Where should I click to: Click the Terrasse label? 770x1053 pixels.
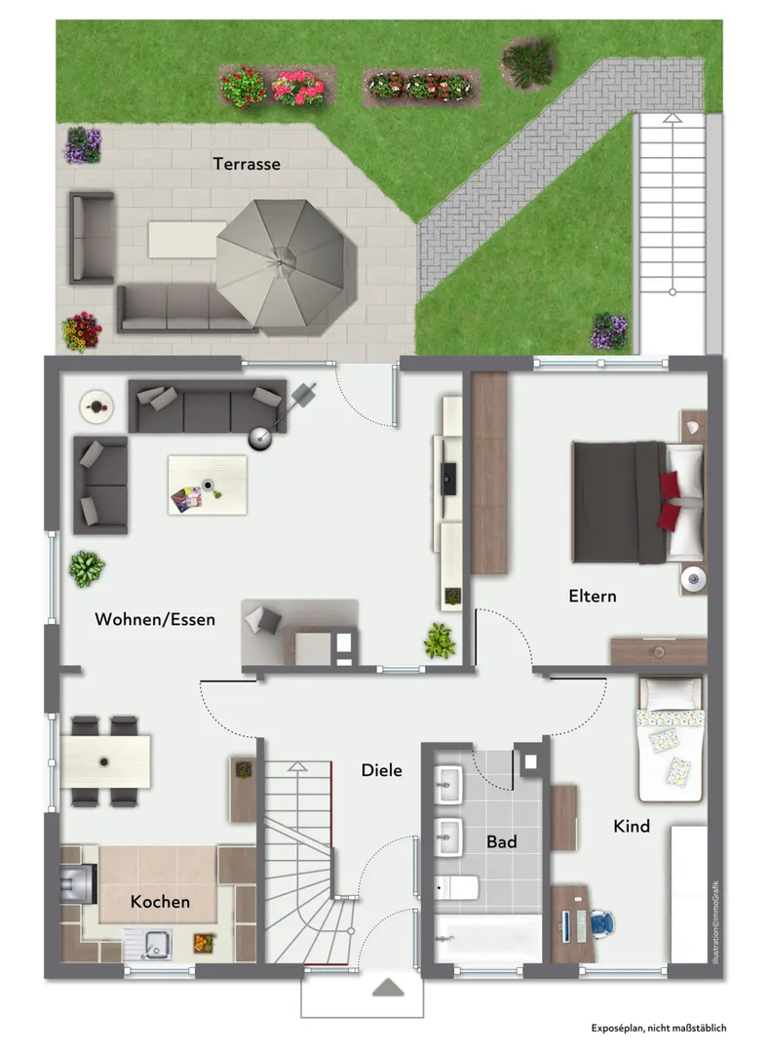click(x=247, y=164)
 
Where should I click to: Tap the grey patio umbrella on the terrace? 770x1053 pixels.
click(x=286, y=266)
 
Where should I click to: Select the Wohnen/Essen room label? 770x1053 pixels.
click(x=155, y=619)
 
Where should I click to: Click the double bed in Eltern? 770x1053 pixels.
click(x=638, y=501)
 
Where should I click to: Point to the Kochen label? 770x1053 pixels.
click(x=160, y=901)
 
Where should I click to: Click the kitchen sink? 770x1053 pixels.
click(x=148, y=944)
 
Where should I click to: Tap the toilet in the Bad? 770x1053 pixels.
click(x=456, y=888)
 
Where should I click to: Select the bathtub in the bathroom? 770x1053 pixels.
click(x=487, y=939)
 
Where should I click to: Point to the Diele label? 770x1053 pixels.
click(x=381, y=770)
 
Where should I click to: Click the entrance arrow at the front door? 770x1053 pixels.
click(x=388, y=987)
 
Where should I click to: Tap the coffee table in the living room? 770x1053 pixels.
click(x=208, y=485)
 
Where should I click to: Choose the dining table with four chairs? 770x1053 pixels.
click(x=104, y=760)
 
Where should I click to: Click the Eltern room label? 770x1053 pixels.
click(x=592, y=596)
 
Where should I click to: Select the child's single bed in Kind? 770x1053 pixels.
click(x=670, y=739)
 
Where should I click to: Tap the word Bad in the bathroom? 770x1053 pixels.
click(x=501, y=841)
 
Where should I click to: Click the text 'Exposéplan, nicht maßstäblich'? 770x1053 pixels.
click(x=659, y=1028)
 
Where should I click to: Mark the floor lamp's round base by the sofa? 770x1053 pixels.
click(x=260, y=439)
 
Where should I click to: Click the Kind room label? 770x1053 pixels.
click(x=632, y=826)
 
